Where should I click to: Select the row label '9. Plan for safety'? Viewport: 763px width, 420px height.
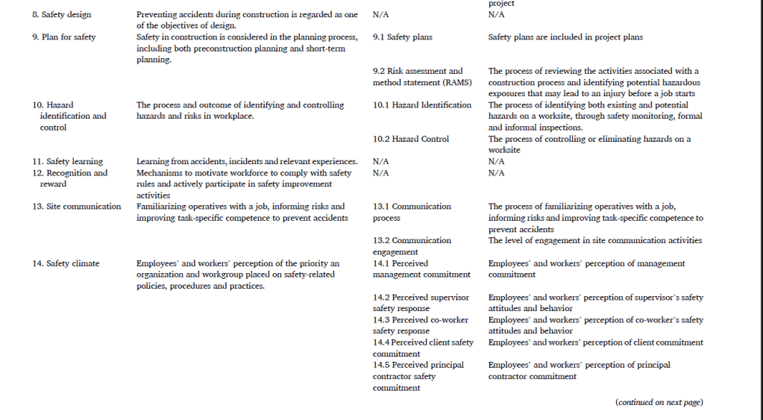tap(64, 37)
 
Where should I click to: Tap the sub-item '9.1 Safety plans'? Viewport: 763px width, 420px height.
tap(402, 37)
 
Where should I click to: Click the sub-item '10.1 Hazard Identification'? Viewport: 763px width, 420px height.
tap(422, 105)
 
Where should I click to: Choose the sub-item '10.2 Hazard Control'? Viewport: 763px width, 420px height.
tap(411, 139)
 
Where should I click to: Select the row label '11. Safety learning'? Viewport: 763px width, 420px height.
tap(67, 161)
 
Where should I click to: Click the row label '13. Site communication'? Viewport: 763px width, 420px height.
tap(76, 207)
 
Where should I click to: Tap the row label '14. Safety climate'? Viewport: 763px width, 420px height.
tap(66, 263)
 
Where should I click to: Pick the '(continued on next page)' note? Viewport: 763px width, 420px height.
tap(659, 403)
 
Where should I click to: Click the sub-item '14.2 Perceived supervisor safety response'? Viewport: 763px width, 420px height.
tap(421, 303)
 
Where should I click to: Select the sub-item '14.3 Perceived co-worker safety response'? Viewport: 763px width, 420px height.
tap(421, 325)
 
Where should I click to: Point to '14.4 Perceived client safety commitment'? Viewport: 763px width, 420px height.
tap(423, 348)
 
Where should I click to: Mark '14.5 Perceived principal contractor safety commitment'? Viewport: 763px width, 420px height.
tap(418, 376)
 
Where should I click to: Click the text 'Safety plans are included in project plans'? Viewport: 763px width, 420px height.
tap(565, 37)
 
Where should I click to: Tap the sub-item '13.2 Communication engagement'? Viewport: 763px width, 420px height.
tap(412, 246)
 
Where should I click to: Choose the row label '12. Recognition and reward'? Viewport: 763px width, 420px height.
tap(69, 178)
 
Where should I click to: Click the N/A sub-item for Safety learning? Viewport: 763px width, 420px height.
tap(380, 161)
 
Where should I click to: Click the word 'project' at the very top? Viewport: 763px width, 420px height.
tap(501, 4)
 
